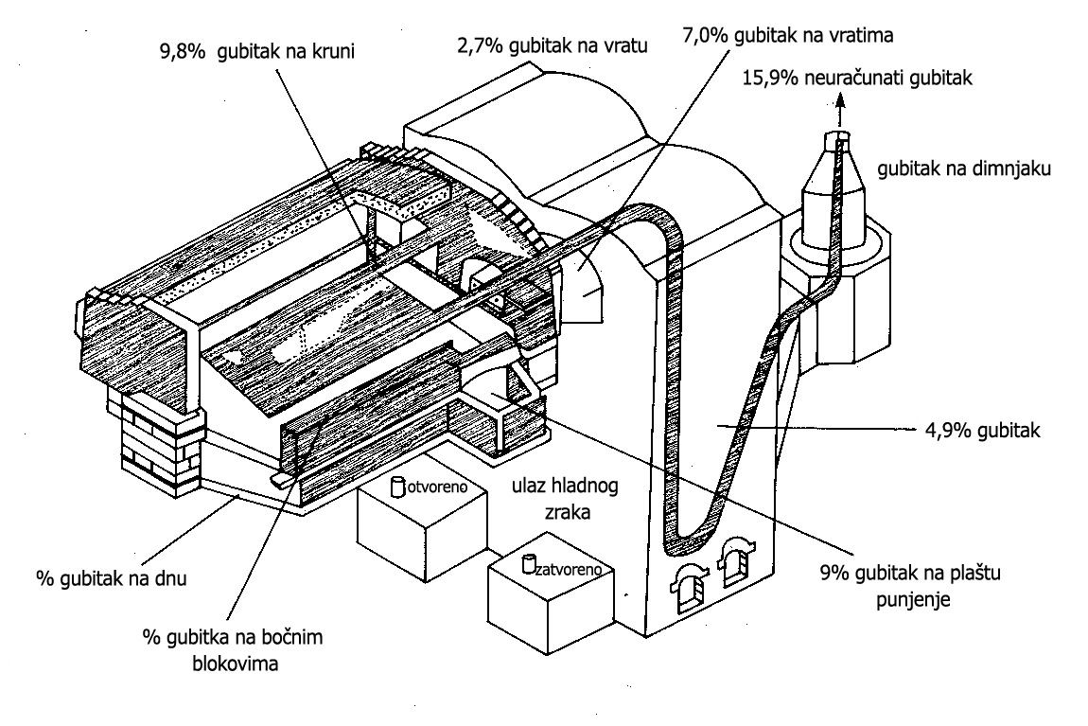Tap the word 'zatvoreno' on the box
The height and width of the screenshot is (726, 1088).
click(566, 571)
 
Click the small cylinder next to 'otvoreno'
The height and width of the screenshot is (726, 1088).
click(399, 486)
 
